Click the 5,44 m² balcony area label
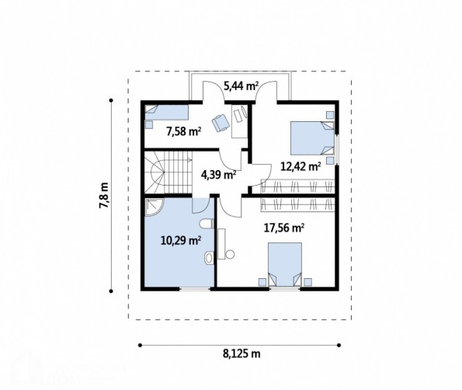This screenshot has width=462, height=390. pos(241,86)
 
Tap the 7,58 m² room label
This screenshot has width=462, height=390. pos(184,131)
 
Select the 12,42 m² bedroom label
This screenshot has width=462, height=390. pos(300,167)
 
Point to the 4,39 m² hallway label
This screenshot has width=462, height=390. pos(218,175)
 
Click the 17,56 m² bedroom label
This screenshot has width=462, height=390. pos(284,228)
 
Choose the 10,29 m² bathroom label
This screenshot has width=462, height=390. pos(181,241)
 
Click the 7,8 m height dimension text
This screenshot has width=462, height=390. pos(104,196)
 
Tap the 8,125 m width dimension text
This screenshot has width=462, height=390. pos(241,353)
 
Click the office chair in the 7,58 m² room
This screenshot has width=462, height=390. pos(221,123)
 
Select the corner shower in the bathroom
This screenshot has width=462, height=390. pos(153,207)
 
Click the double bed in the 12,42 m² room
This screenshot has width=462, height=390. pos(312,138)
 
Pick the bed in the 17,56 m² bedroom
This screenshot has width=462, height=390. pos(285,264)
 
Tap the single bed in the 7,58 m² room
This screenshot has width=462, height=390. pos(166,113)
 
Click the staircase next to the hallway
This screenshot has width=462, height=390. pos(168,172)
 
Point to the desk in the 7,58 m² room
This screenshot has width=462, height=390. pos(239,121)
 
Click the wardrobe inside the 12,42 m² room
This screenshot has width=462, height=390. pos(298,186)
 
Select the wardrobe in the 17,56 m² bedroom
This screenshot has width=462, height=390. pos(298,204)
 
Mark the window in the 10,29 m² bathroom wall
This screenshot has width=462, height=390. pos(195,289)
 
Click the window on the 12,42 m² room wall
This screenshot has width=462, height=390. pos(337,150)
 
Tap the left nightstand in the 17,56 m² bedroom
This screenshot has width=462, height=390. pos(262,282)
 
